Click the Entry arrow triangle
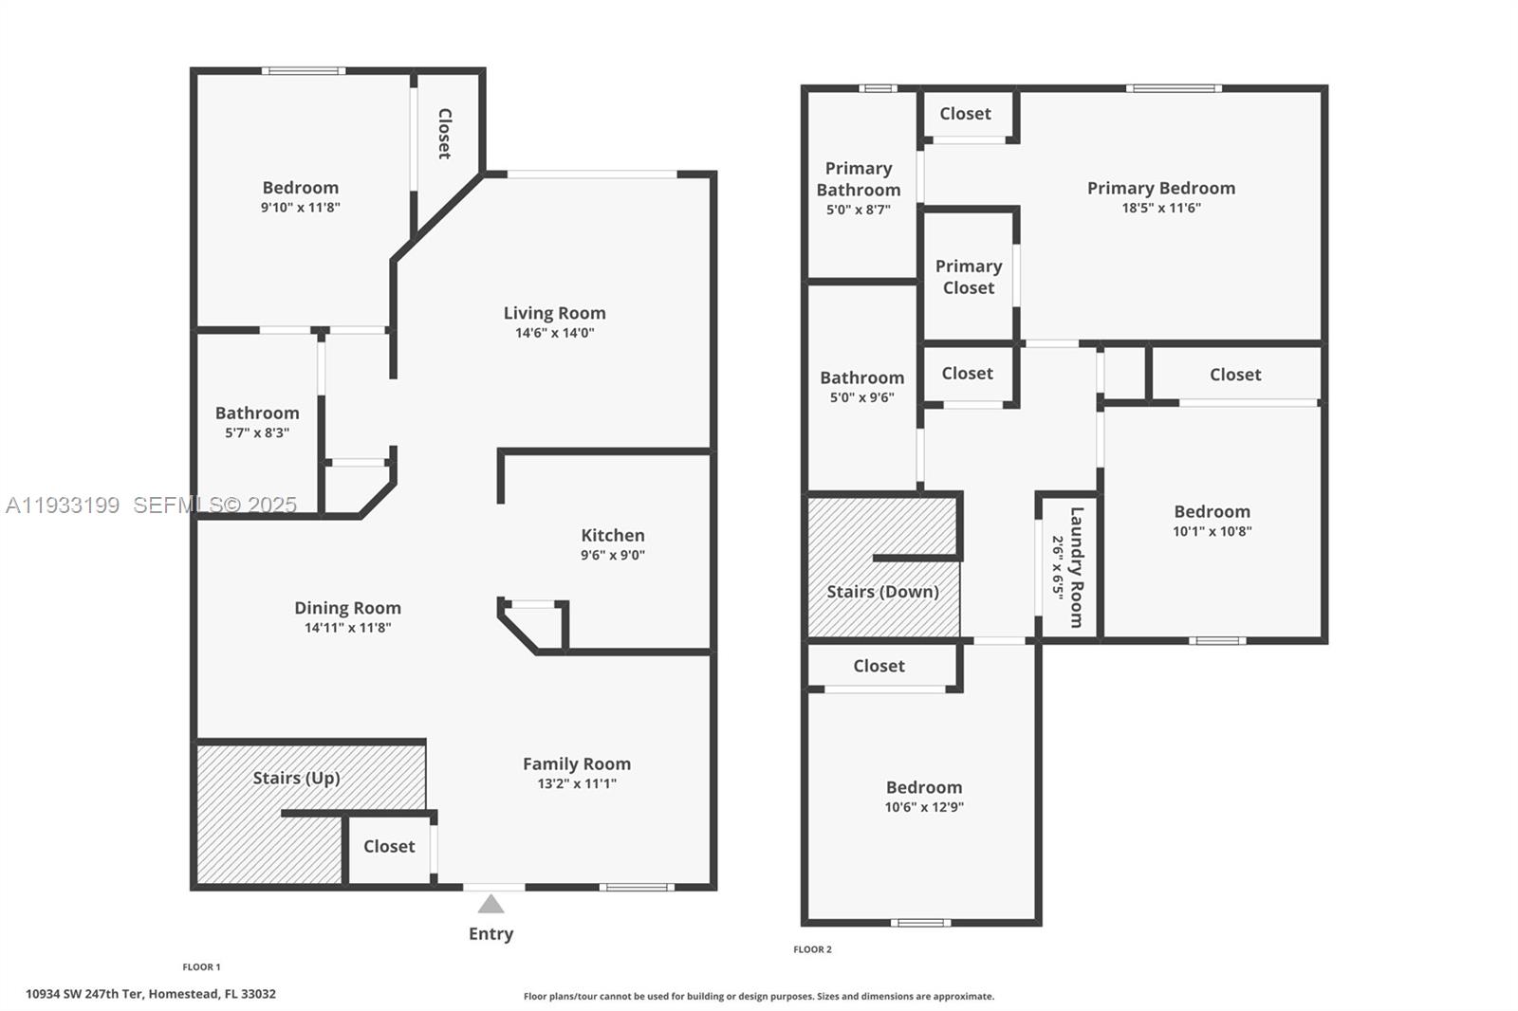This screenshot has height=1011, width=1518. (491, 904)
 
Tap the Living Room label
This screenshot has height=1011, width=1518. (554, 313)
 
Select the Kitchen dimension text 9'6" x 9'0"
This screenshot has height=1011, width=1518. (613, 556)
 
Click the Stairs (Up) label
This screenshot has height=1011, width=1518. (296, 778)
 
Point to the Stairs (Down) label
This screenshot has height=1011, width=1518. (882, 592)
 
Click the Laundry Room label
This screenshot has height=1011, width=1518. (1077, 567)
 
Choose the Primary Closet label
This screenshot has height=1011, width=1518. (969, 277)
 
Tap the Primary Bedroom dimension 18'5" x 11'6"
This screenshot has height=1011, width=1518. (1161, 208)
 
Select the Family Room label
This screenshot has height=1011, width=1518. (576, 763)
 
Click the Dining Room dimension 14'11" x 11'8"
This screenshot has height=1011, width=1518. (347, 628)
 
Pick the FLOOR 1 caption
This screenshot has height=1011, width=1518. (201, 967)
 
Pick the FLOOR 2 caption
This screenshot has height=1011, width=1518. (812, 949)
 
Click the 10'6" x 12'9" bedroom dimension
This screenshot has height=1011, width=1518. (924, 807)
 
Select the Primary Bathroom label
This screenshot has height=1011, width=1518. (859, 179)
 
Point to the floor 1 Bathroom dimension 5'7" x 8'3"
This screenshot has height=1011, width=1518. (257, 432)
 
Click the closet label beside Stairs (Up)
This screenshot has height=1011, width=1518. (389, 846)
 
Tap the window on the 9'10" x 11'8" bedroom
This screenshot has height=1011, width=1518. (304, 70)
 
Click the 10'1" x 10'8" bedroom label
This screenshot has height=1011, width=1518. (1212, 511)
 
